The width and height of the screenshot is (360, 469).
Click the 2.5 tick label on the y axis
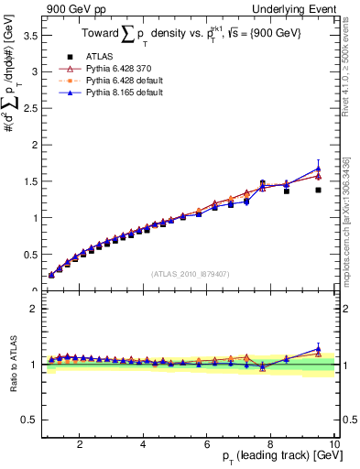point(28,109)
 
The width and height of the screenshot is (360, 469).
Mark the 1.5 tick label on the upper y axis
point(28,181)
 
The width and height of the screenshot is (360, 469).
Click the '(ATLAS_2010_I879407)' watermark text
point(190,273)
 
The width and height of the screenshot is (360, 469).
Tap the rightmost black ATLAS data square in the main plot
point(318,190)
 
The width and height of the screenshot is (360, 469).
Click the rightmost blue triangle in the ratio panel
point(318,349)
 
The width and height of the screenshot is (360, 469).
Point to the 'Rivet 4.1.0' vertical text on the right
point(352,60)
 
